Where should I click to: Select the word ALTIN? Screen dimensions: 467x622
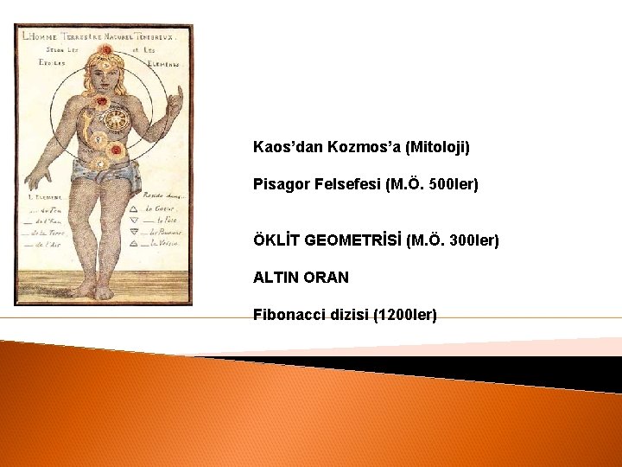276,278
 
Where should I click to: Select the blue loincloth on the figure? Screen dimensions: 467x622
109,175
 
